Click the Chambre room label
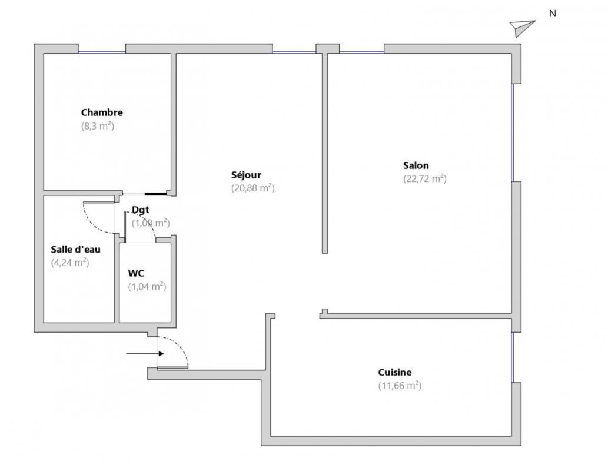[102, 112]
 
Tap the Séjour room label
[246, 175]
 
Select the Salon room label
[416, 165]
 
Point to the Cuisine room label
[395, 372]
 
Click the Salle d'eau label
[75, 249]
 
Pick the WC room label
[136, 273]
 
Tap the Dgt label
[140, 210]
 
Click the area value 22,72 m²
[425, 178]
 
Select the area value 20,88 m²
[253, 188]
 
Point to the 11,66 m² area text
[400, 385]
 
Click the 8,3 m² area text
[98, 126]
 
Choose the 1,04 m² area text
[147, 286]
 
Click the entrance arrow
[145, 353]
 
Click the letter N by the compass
[553, 14]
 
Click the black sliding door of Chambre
[156, 194]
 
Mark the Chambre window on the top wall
[102, 52]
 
